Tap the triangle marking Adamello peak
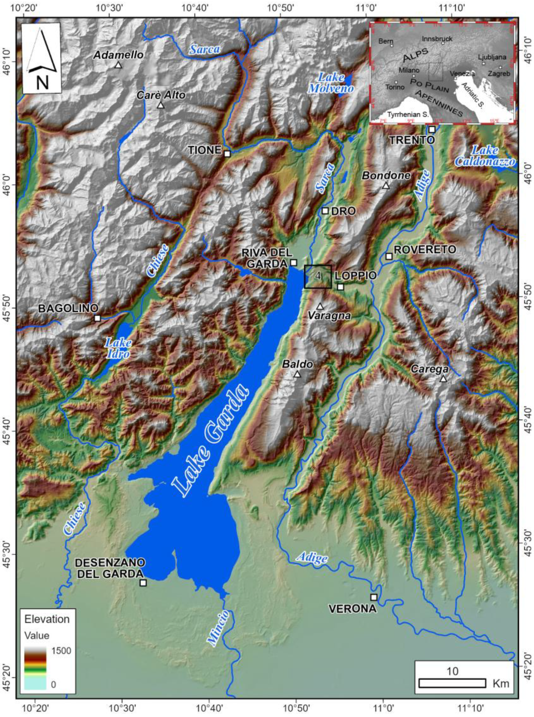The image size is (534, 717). (x=118, y=65)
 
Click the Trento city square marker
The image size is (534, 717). (x=432, y=130)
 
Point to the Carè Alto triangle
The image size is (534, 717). (x=161, y=105)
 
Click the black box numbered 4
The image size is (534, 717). (x=318, y=276)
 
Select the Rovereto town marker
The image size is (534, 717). (x=389, y=256)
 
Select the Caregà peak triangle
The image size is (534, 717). (x=443, y=379)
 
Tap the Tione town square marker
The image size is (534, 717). (x=227, y=154)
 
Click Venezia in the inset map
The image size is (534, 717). (x=462, y=74)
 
